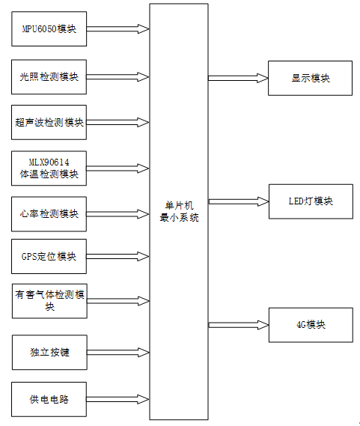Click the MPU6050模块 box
pyautogui.click(x=49, y=28)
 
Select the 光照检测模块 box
pyautogui.click(x=49, y=77)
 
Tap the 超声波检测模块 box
pyautogui.click(x=49, y=123)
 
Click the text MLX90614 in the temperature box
pyautogui.click(x=49, y=162)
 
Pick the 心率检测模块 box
pyautogui.click(x=49, y=214)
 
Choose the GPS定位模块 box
pyautogui.click(x=49, y=257)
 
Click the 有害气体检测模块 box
pyautogui.click(x=49, y=301)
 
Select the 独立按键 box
pyautogui.click(x=49, y=353)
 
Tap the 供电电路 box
pyautogui.click(x=49, y=399)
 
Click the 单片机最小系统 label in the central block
pyautogui.click(x=179, y=212)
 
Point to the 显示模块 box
pyautogui.click(x=311, y=79)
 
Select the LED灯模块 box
pyautogui.click(x=311, y=201)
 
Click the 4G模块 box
pyautogui.click(x=311, y=325)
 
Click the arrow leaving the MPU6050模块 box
pyautogui.click(x=118, y=28)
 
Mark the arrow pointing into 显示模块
pyautogui.click(x=238, y=79)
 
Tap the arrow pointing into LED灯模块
pyautogui.click(x=239, y=201)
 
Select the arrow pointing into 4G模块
pyautogui.click(x=239, y=325)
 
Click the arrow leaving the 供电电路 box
pyautogui.click(x=118, y=399)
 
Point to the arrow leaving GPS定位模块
pyautogui.click(x=118, y=257)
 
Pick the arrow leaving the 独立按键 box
pyautogui.click(x=118, y=353)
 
